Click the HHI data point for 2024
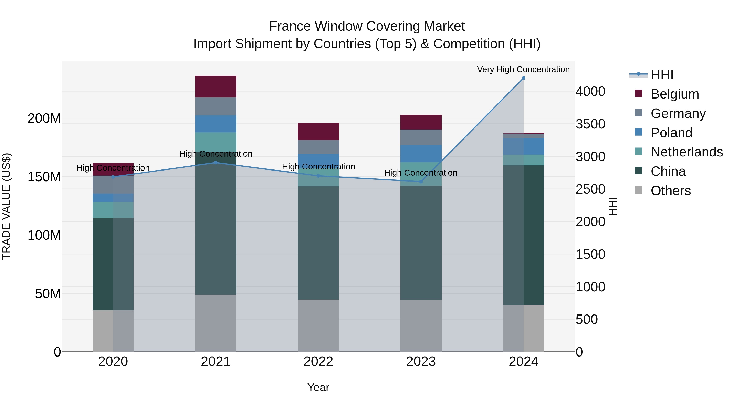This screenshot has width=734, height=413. tap(523, 78)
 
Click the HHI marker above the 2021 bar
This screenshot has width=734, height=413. tap(216, 163)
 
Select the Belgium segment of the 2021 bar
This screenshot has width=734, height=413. tap(216, 87)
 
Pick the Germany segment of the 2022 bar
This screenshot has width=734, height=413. tap(318, 147)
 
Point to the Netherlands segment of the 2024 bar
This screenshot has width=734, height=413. tap(523, 160)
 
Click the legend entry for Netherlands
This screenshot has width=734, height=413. tap(687, 152)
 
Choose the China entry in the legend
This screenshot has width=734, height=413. tap(668, 171)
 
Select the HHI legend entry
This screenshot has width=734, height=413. tap(662, 75)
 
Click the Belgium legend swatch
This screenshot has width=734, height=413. tap(639, 93)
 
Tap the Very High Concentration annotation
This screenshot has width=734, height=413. tap(523, 69)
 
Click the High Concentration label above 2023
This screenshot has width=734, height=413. tap(421, 173)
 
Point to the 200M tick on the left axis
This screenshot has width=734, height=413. tap(44, 118)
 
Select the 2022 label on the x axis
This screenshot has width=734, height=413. tap(318, 362)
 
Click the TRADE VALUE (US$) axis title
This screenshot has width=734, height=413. tap(6, 206)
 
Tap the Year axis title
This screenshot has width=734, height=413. tap(318, 387)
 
